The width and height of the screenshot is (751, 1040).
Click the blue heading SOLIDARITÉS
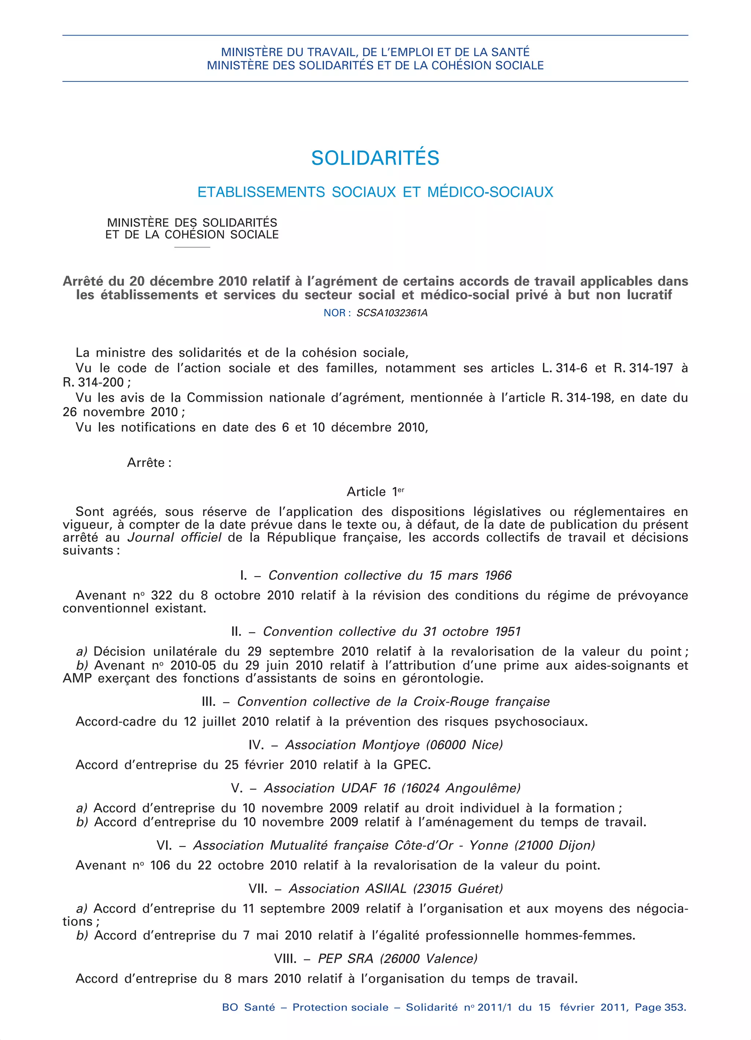coord(375,158)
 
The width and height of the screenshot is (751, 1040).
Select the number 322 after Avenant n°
coord(161,595)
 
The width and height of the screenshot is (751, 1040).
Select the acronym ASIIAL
coord(386,889)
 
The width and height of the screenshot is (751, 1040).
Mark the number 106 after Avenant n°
coord(160,866)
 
